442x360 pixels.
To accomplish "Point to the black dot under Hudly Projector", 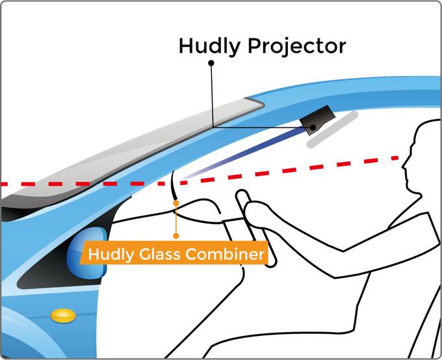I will [x=211, y=64].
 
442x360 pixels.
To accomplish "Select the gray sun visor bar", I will [x=333, y=129].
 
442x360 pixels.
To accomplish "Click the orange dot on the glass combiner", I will [x=175, y=203].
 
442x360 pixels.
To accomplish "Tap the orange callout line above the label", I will [x=175, y=224].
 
